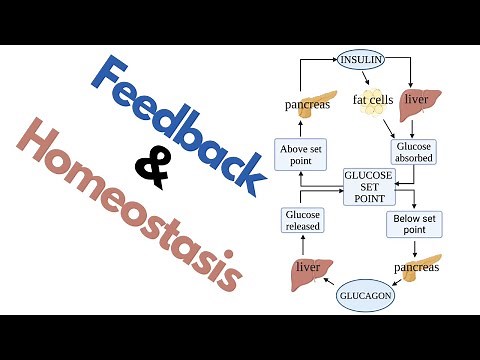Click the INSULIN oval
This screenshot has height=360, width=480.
[362, 59]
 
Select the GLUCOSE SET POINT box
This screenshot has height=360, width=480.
[368, 187]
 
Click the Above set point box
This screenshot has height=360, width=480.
[303, 156]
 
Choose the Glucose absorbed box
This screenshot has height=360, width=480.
[415, 149]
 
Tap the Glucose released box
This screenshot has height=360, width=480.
[303, 219]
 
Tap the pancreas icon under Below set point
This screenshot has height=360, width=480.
[424, 267]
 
